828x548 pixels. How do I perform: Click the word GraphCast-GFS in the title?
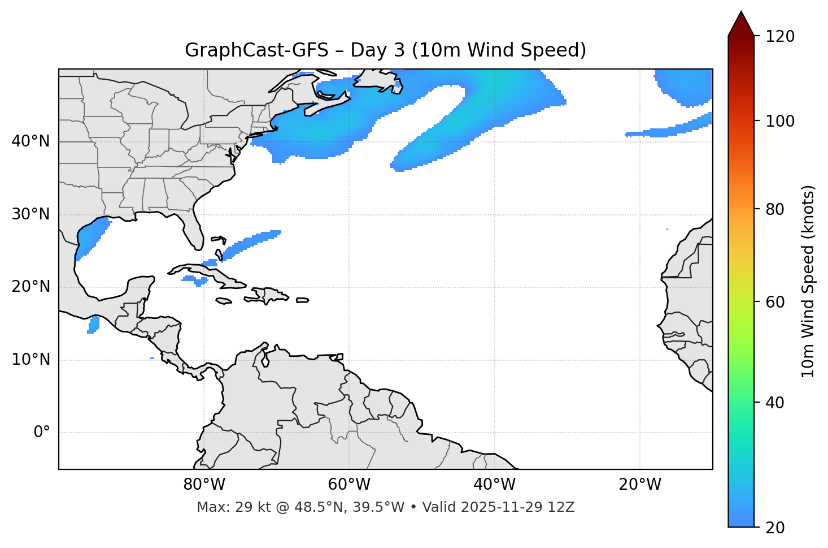[256, 50]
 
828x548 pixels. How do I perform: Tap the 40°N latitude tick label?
[30, 141]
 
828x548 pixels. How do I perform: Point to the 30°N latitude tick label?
[30, 214]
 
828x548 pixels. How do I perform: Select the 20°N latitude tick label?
[30, 287]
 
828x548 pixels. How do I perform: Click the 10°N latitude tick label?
[30, 360]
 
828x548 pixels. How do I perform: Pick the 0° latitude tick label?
[42, 433]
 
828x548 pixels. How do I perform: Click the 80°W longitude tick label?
[204, 485]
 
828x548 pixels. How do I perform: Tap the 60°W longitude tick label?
[349, 485]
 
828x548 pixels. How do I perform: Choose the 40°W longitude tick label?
[494, 485]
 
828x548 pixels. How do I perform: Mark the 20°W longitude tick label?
[639, 485]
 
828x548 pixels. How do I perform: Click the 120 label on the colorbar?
[780, 37]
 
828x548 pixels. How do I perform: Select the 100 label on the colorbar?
[780, 121]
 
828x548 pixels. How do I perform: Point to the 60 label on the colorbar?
[776, 302]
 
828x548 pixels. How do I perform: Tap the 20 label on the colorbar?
[776, 528]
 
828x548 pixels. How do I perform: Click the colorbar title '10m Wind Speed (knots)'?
[808, 281]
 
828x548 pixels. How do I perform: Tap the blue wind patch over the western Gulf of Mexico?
[90, 238]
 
